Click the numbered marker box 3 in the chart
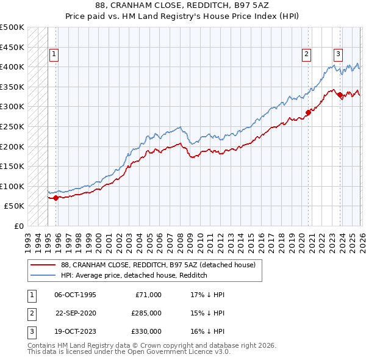point(337,53)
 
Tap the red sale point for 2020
point(309,112)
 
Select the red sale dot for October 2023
point(340,95)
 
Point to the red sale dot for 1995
point(56,198)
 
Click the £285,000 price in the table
point(146,313)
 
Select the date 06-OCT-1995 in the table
point(75,295)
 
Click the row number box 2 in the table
point(30,313)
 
